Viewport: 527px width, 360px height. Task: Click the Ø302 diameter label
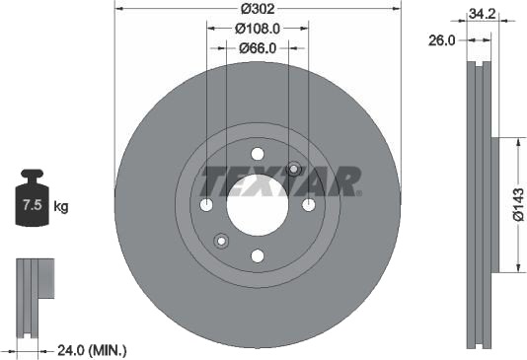pyautogui.click(x=258, y=9)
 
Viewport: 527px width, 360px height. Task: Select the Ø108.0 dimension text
pyautogui.click(x=258, y=29)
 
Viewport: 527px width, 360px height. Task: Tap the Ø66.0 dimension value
pyautogui.click(x=258, y=48)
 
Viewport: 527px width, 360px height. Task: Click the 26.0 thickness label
pyautogui.click(x=441, y=40)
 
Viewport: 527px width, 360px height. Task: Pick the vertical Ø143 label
pyautogui.click(x=518, y=204)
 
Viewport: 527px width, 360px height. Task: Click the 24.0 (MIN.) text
pyautogui.click(x=92, y=351)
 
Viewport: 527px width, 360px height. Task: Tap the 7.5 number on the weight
pyautogui.click(x=32, y=204)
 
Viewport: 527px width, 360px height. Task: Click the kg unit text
pyautogui.click(x=61, y=206)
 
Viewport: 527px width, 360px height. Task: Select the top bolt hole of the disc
pyautogui.click(x=258, y=154)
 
